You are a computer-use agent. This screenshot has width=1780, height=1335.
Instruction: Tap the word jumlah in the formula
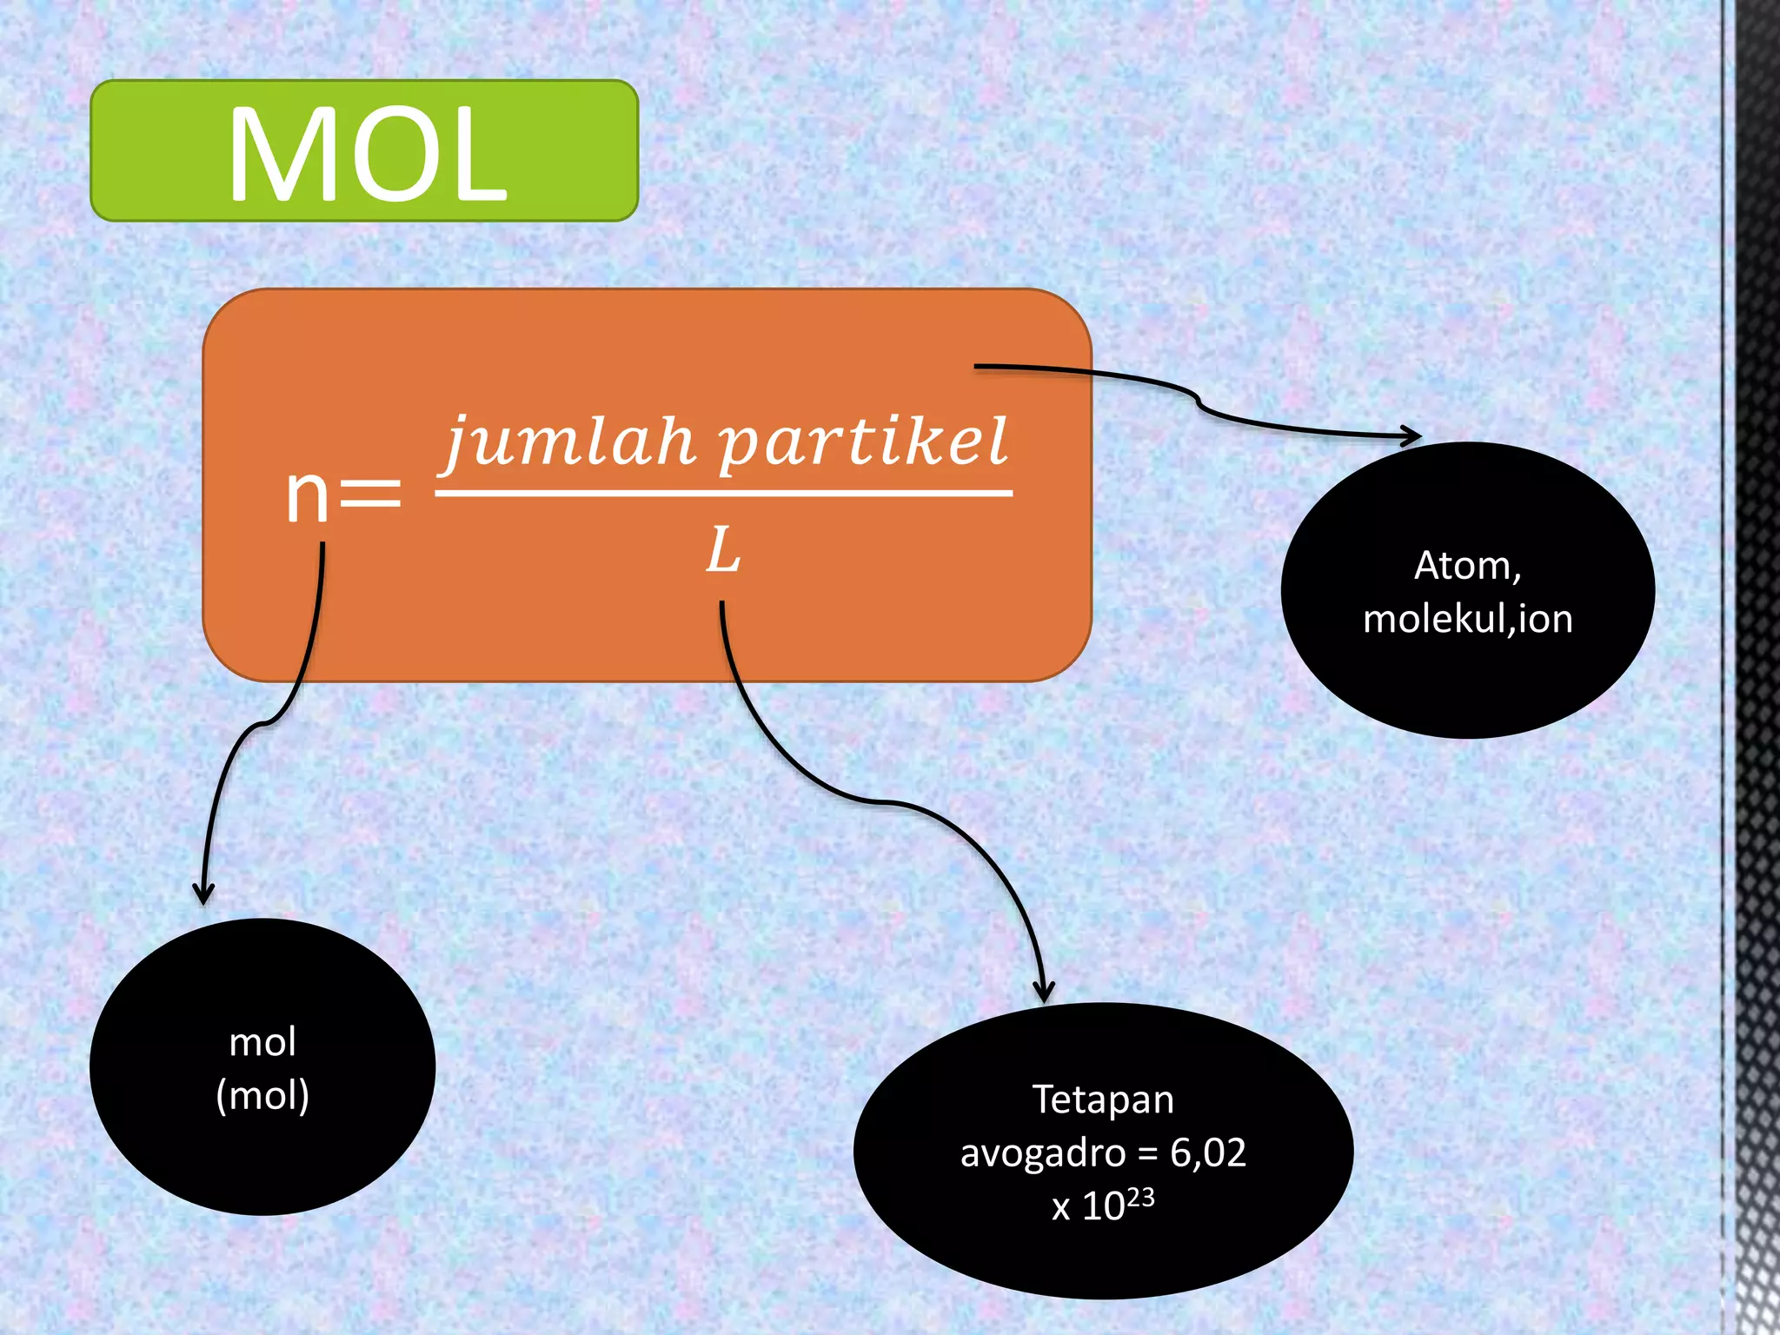(x=570, y=441)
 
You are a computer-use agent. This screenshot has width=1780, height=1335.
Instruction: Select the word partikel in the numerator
(x=864, y=441)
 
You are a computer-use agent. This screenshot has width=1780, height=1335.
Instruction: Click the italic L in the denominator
(x=722, y=551)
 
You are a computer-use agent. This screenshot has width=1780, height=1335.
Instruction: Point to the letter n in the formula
(x=308, y=495)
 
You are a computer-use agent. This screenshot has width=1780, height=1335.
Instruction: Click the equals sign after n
(x=370, y=495)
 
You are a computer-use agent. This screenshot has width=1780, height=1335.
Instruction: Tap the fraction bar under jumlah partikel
(x=723, y=493)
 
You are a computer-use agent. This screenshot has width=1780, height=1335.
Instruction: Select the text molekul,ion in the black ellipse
(x=1468, y=619)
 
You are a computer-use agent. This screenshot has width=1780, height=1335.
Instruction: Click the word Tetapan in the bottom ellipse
(x=1103, y=1099)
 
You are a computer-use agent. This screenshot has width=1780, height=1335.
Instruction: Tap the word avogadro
(x=1043, y=1153)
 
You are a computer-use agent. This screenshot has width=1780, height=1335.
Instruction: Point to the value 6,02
(x=1208, y=1152)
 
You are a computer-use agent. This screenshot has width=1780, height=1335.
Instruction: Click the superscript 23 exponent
(x=1141, y=1199)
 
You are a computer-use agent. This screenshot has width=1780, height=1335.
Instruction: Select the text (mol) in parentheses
(x=262, y=1095)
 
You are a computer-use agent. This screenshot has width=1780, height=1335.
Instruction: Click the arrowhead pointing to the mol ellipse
(x=203, y=895)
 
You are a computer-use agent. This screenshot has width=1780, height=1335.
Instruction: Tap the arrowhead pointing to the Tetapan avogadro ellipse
(x=1044, y=993)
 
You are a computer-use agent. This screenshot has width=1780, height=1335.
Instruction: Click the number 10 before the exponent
(x=1103, y=1206)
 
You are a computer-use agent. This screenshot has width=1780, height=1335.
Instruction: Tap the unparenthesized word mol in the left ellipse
(x=262, y=1042)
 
